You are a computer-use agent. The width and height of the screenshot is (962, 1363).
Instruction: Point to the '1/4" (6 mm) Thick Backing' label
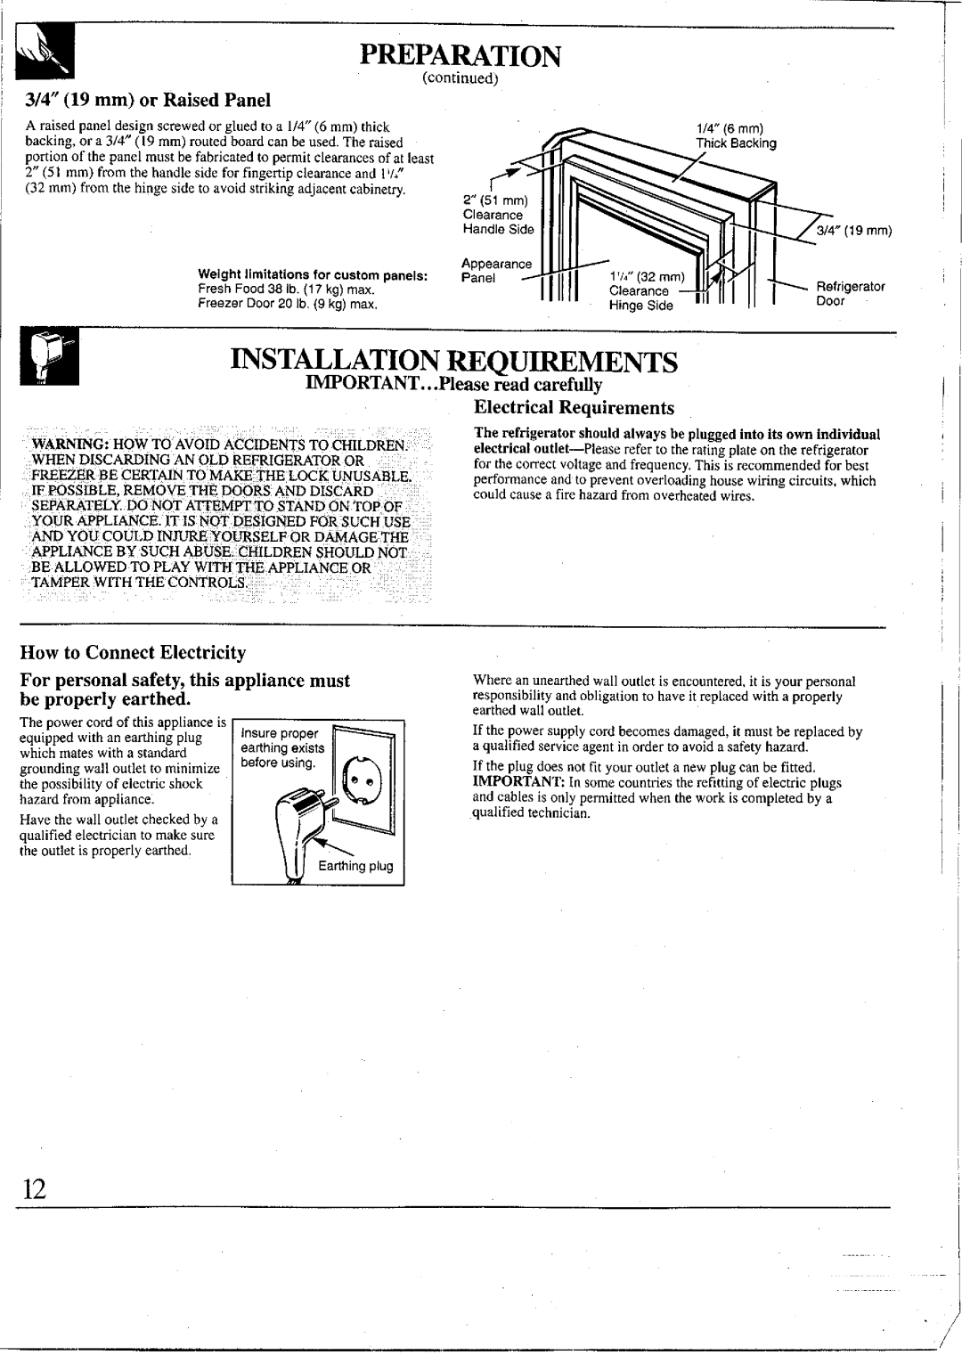point(737,136)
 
